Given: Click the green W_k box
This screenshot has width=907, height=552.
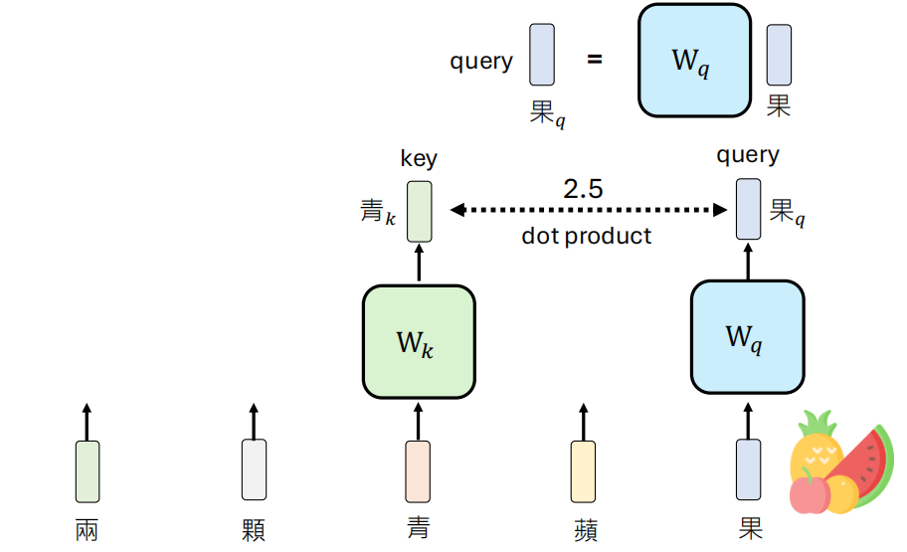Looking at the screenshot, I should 418,340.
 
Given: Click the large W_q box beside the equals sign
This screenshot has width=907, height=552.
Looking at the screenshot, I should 693,62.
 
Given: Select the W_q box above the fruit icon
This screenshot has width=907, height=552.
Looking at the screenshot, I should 747,337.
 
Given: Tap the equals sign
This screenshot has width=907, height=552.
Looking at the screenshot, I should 595,60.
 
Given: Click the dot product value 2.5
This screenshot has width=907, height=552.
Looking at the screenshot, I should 584,189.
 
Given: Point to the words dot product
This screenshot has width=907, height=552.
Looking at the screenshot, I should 587,236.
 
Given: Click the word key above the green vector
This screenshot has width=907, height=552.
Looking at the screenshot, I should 419,158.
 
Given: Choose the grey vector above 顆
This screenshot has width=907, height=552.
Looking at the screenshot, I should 254,469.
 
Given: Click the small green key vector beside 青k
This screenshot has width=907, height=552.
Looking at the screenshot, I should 420,210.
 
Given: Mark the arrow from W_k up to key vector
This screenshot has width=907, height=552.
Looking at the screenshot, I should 419,264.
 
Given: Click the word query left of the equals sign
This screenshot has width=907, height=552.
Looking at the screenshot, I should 481,62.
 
